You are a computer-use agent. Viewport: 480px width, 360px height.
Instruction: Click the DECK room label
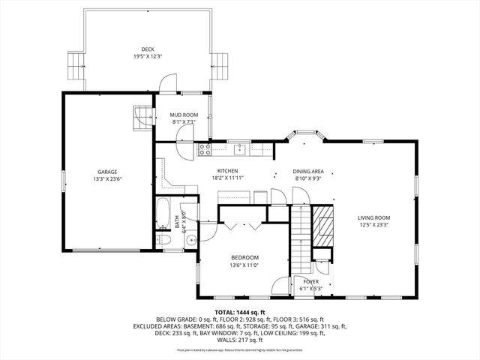[x=147, y=49]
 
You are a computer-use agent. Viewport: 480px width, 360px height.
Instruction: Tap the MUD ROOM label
[x=183, y=115]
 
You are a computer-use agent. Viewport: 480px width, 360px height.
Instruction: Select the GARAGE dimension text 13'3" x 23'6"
[x=107, y=178]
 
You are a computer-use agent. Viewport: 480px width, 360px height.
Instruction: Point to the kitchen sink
[x=239, y=148]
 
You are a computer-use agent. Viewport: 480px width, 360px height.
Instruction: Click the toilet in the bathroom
[x=164, y=239]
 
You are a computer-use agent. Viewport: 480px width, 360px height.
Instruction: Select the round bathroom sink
[x=190, y=241]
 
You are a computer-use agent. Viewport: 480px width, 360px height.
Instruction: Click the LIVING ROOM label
[x=373, y=217]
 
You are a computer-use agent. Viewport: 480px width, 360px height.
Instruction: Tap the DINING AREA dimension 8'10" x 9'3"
[x=307, y=178]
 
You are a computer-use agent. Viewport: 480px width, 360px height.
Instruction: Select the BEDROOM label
[x=244, y=257]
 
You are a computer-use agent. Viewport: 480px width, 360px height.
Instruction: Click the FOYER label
[x=310, y=281]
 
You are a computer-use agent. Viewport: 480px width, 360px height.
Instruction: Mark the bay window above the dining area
[x=306, y=136]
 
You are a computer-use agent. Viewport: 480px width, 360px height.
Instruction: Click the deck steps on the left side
[x=75, y=66]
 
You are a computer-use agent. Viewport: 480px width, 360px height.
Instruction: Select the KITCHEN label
[x=227, y=171]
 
